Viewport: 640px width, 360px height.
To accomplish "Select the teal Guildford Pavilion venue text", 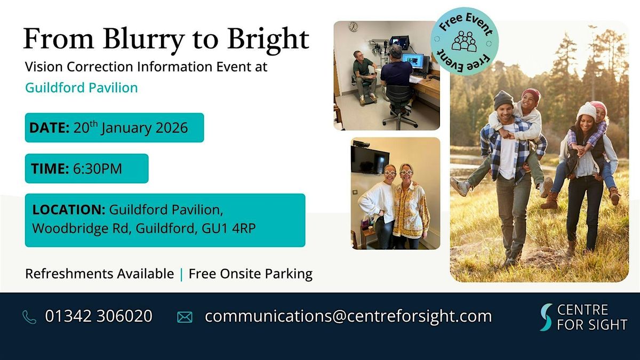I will click(82, 87).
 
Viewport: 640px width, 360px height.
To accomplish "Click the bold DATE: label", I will click(50, 128).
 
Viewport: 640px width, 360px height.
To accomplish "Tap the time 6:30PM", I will click(98, 169).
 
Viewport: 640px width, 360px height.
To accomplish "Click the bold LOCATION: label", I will click(69, 210).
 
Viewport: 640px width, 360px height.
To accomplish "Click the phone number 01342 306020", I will click(99, 316).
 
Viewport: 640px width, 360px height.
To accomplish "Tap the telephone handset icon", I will click(29, 317).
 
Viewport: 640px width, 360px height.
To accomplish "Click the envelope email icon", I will click(185, 317).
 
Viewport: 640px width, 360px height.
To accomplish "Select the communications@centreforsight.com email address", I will click(348, 316).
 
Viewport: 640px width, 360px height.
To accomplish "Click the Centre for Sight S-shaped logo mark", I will click(546, 317).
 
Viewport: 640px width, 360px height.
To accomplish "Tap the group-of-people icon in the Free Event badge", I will click(464, 41).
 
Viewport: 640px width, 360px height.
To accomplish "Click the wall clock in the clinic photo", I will click(353, 27).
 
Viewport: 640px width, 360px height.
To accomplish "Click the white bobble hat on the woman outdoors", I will click(586, 111).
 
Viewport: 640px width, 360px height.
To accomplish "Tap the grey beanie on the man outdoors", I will click(503, 99).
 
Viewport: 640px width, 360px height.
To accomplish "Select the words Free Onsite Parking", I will click(250, 274).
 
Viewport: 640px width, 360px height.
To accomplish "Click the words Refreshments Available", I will click(100, 274).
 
